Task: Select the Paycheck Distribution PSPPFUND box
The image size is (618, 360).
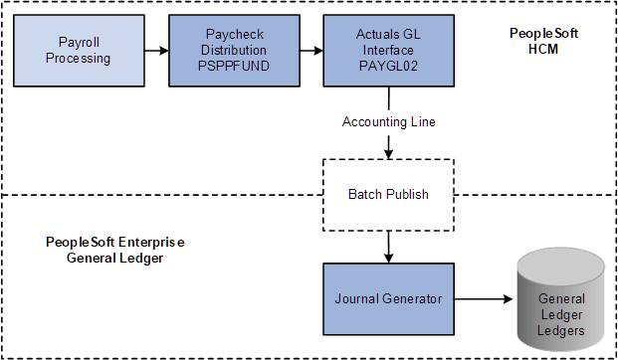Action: tap(232, 50)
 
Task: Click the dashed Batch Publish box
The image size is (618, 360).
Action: tap(387, 194)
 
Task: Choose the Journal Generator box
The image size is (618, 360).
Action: tap(387, 297)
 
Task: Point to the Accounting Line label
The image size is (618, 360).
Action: tap(387, 121)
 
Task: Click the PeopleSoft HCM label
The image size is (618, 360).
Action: tap(543, 41)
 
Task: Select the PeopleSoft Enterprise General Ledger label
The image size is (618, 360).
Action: tap(115, 250)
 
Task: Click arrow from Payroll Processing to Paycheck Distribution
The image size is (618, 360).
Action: tap(156, 50)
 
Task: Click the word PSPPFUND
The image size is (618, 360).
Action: tap(232, 65)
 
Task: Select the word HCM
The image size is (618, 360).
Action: tap(543, 49)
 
